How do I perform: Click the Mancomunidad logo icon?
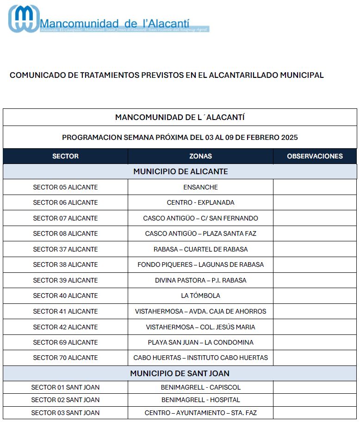tap(24, 19)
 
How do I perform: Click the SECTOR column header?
tap(65, 156)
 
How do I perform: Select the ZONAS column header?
tap(200, 156)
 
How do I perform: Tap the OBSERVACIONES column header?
tap(315, 156)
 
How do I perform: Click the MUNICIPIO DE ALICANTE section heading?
tap(180, 171)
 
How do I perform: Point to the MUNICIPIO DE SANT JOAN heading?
tap(180, 373)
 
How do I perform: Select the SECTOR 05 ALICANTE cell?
tap(65, 187)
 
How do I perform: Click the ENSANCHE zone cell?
tap(200, 187)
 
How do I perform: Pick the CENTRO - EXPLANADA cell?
tap(200, 202)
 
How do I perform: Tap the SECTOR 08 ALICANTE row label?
tap(65, 233)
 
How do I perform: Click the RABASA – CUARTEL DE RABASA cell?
tap(200, 249)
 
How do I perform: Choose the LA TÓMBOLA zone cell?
tap(200, 296)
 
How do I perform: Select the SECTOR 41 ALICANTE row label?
tap(65, 311)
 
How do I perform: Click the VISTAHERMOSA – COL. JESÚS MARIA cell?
tap(200, 327)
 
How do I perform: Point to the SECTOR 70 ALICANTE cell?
tap(65, 358)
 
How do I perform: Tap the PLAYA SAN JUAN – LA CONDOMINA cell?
tap(200, 342)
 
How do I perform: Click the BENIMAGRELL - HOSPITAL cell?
tap(200, 400)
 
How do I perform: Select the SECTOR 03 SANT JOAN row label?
tap(65, 413)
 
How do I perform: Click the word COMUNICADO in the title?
tap(35, 75)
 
